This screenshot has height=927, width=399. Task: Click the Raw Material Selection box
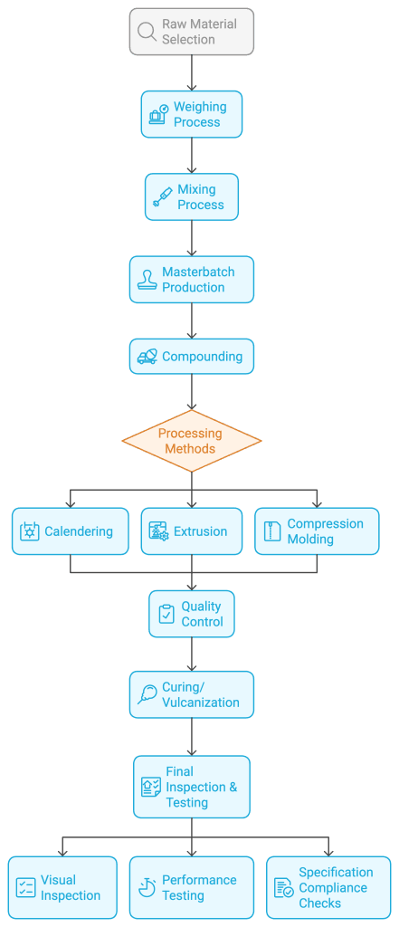pyautogui.click(x=191, y=32)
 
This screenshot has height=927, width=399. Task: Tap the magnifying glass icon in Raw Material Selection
pyautogui.click(x=147, y=32)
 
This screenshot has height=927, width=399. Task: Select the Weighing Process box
pyautogui.click(x=191, y=114)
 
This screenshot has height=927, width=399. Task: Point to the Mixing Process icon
pyautogui.click(x=162, y=197)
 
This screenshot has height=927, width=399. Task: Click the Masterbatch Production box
pyautogui.click(x=191, y=279)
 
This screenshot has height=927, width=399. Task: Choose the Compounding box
pyautogui.click(x=191, y=357)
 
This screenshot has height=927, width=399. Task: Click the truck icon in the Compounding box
pyautogui.click(x=147, y=357)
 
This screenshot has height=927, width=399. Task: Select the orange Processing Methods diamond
pyautogui.click(x=191, y=441)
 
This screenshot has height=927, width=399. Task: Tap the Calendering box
pyautogui.click(x=70, y=531)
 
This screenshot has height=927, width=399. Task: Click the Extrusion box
pyautogui.click(x=191, y=531)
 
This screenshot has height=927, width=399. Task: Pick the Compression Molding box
pyautogui.click(x=316, y=531)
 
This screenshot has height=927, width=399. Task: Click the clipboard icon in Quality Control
pyautogui.click(x=166, y=614)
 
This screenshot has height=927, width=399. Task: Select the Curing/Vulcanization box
pyautogui.click(x=191, y=694)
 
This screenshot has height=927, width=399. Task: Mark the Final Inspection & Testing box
pyautogui.click(x=191, y=787)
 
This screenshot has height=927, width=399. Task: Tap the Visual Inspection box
pyautogui.click(x=62, y=887)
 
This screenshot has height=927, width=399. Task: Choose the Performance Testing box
pyautogui.click(x=191, y=887)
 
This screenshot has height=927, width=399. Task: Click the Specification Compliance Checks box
pyautogui.click(x=328, y=887)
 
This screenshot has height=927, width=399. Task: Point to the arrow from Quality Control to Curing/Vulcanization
pyautogui.click(x=192, y=654)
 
